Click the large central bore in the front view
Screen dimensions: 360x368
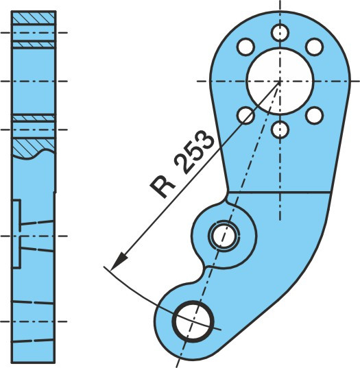click(x=280, y=81)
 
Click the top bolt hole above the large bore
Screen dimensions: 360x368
click(x=280, y=33)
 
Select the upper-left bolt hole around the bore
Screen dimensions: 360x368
click(x=245, y=47)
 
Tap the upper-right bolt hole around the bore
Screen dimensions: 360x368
click(x=315, y=47)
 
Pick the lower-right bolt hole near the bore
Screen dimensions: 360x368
click(x=315, y=115)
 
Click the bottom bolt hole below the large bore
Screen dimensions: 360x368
click(x=280, y=130)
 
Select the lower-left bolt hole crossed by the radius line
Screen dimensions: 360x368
click(x=245, y=115)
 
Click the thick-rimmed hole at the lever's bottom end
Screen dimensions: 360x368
click(x=193, y=321)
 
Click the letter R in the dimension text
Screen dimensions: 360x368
click(x=163, y=187)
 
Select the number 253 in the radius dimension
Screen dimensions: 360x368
click(x=195, y=153)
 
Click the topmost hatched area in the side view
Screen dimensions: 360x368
click(x=34, y=18)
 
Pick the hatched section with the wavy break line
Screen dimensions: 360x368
click(x=34, y=147)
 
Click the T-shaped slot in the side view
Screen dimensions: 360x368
click(x=17, y=234)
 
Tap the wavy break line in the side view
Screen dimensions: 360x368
click(x=34, y=154)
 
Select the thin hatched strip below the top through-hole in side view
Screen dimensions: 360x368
click(x=34, y=45)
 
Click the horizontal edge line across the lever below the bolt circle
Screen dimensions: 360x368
click(x=278, y=192)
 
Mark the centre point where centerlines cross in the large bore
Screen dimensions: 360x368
click(x=280, y=81)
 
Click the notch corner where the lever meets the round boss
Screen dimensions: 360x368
click(x=227, y=196)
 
